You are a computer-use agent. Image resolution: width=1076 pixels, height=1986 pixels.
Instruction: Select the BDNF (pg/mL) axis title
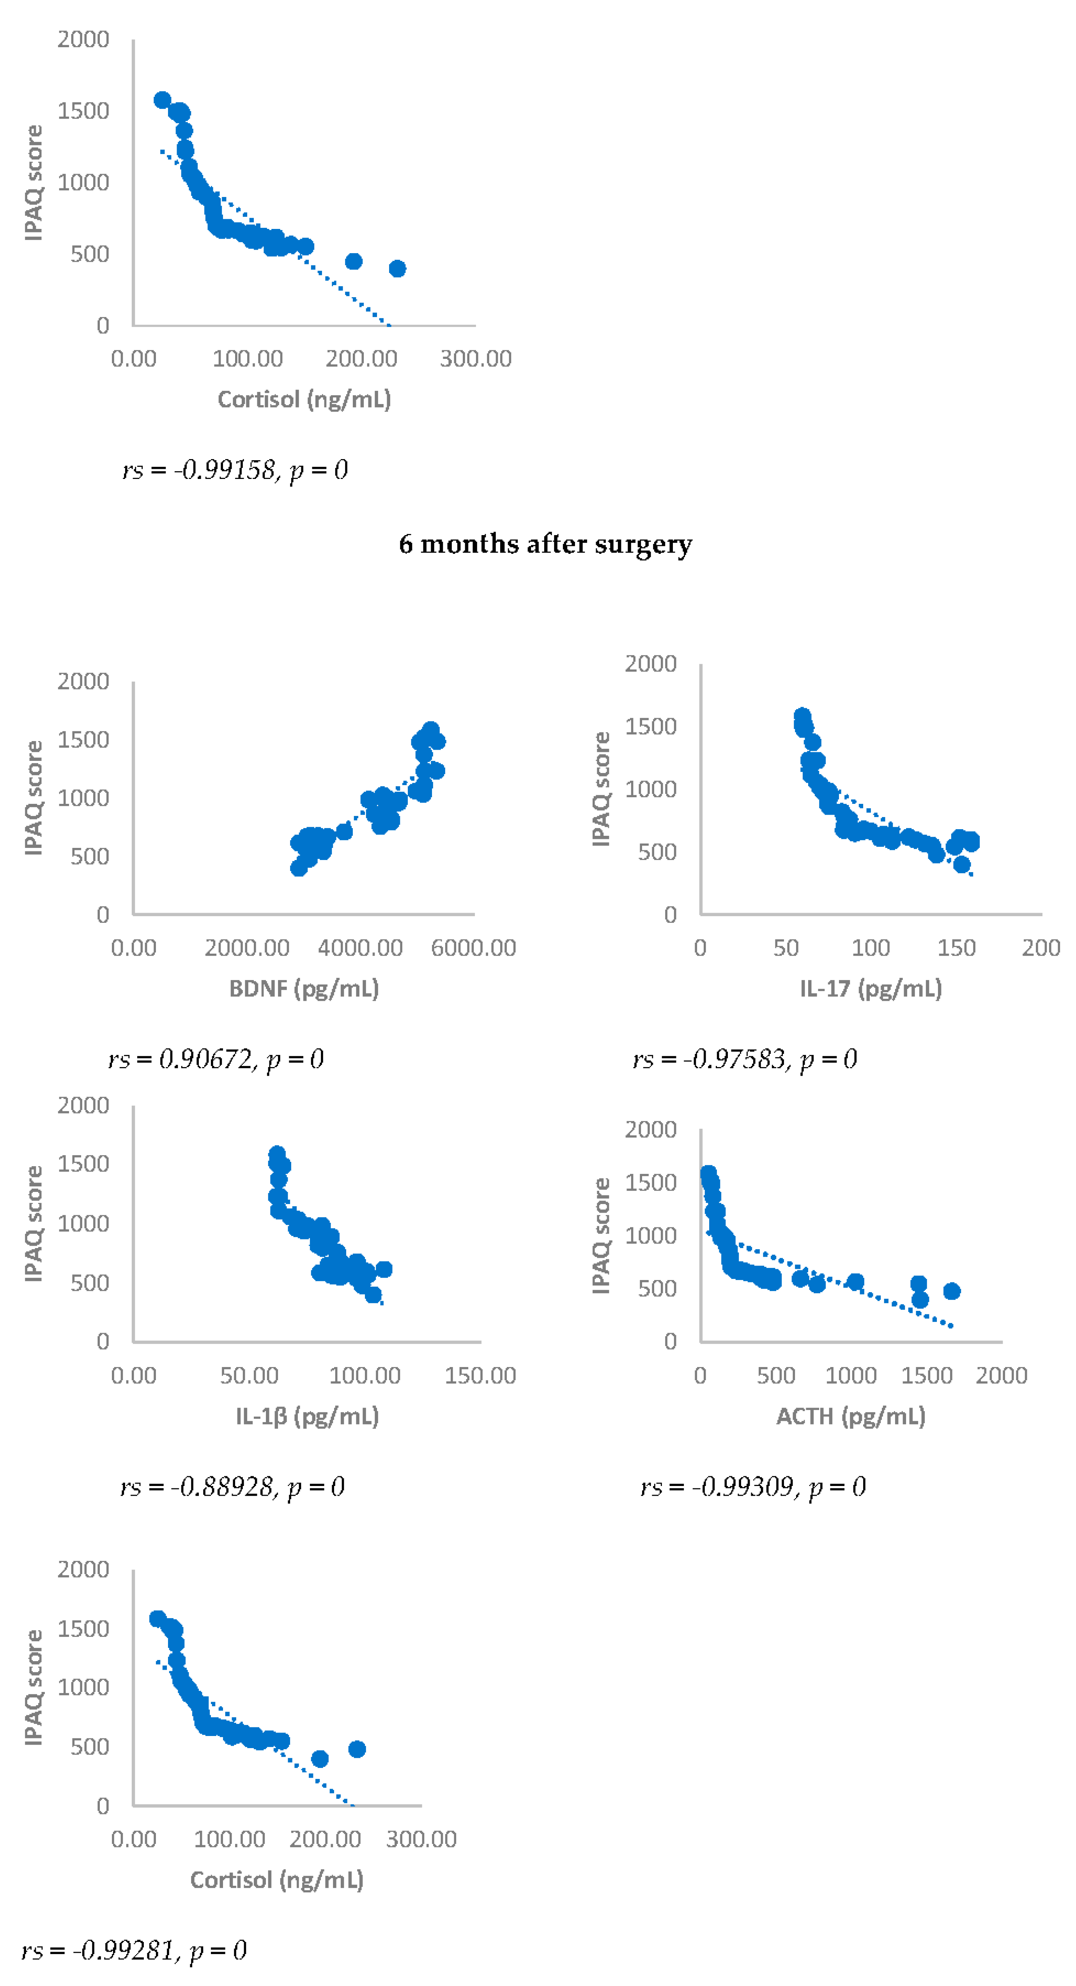304,988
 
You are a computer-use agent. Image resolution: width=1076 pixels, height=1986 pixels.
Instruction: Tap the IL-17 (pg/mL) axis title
870,988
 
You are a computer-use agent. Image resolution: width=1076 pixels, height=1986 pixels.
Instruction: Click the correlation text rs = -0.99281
133,1950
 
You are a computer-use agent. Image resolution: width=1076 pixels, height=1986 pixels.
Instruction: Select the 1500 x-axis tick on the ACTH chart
926,1375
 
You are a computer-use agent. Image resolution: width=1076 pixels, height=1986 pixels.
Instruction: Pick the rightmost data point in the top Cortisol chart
397,268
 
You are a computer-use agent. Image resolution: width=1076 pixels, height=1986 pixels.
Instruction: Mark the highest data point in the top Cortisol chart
162,99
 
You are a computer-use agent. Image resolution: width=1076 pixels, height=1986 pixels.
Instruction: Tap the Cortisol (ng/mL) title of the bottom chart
277,1880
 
